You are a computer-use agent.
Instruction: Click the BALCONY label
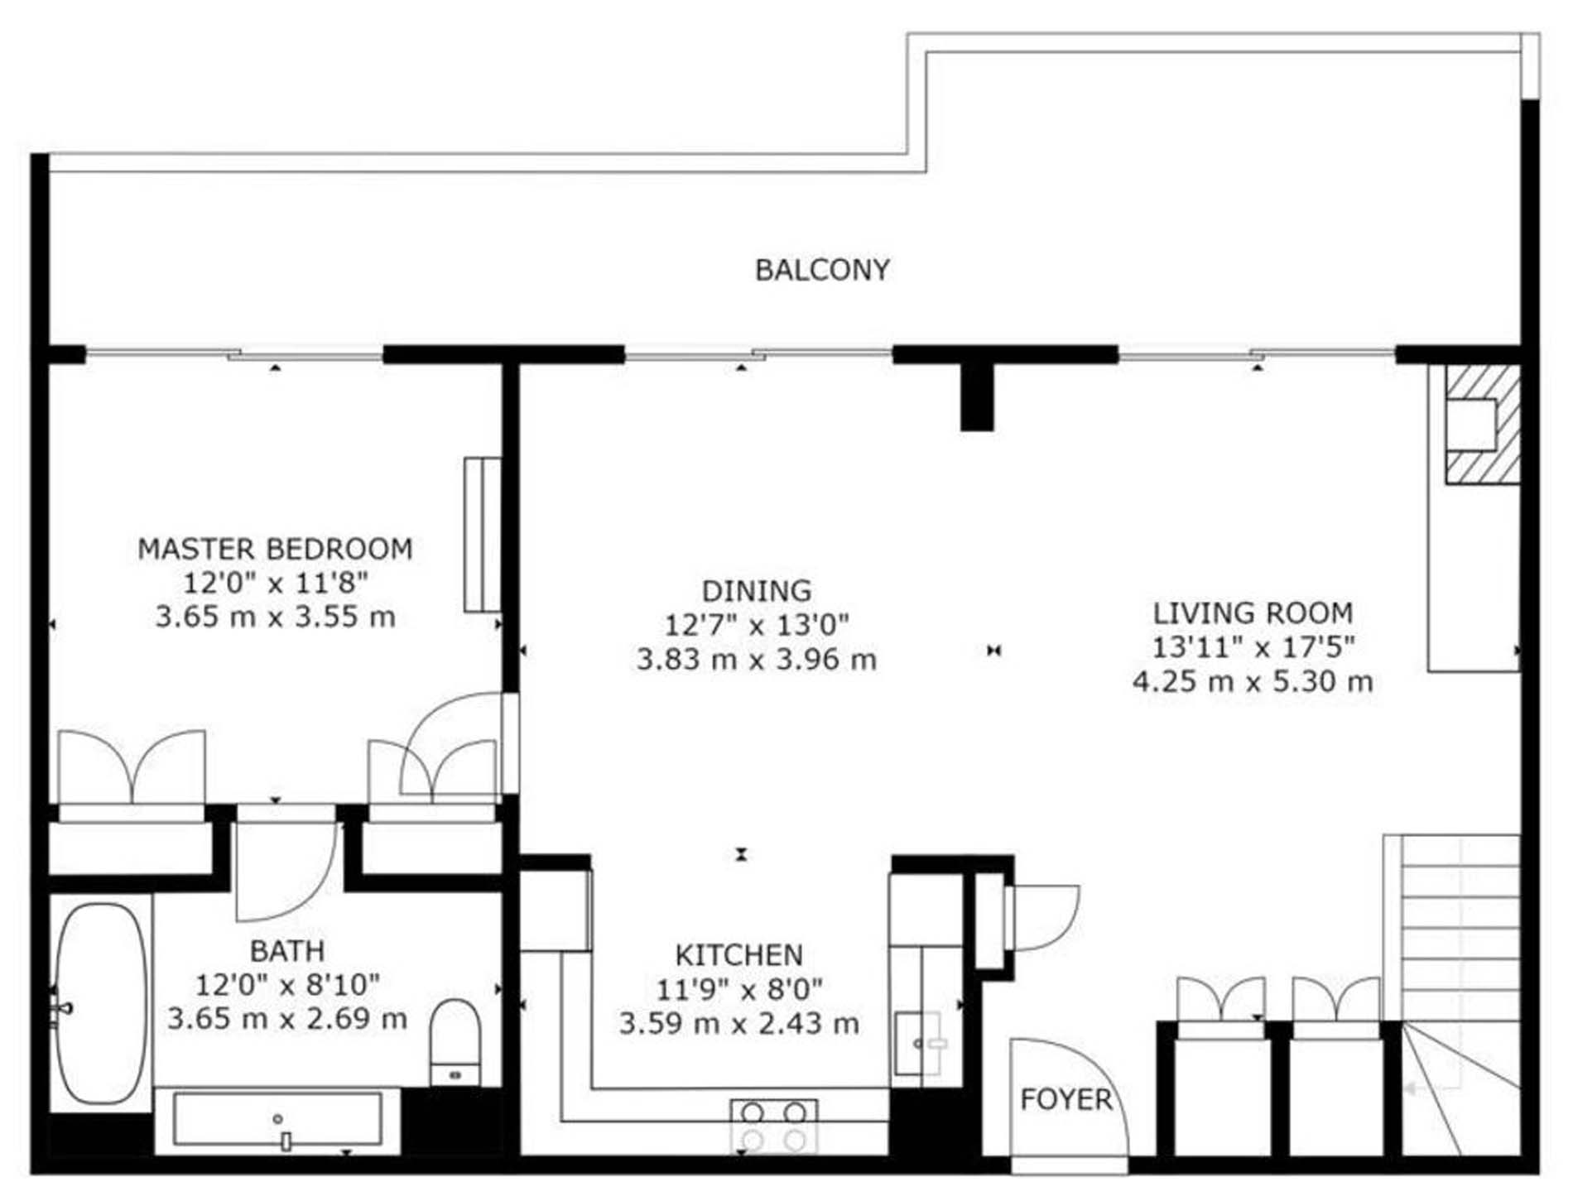pos(822,270)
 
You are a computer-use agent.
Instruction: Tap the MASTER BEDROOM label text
pos(275,550)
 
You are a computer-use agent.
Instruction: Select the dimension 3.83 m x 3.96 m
pos(756,660)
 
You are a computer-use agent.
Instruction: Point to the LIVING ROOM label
pos(1253,613)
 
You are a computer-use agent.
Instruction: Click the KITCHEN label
pos(739,955)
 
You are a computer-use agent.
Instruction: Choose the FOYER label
pos(1066,1100)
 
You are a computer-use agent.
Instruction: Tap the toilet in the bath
pos(455,1041)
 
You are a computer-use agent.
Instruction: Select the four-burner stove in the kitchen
pos(773,1126)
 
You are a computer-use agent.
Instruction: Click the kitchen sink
pos(920,1044)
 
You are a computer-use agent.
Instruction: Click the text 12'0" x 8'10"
pos(287,985)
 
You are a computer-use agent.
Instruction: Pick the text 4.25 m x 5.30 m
pos(1253,682)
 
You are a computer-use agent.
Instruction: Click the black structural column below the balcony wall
pos(977,397)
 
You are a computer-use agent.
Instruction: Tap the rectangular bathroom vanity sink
pos(278,1120)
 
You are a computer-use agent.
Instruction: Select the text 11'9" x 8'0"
pos(739,989)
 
